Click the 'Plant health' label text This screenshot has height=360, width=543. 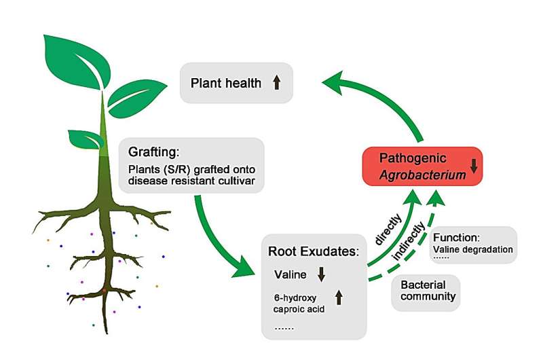point(225,84)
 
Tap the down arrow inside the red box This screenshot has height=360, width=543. point(473,165)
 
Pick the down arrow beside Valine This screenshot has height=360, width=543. point(322,274)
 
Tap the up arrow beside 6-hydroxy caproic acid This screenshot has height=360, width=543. point(339,298)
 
